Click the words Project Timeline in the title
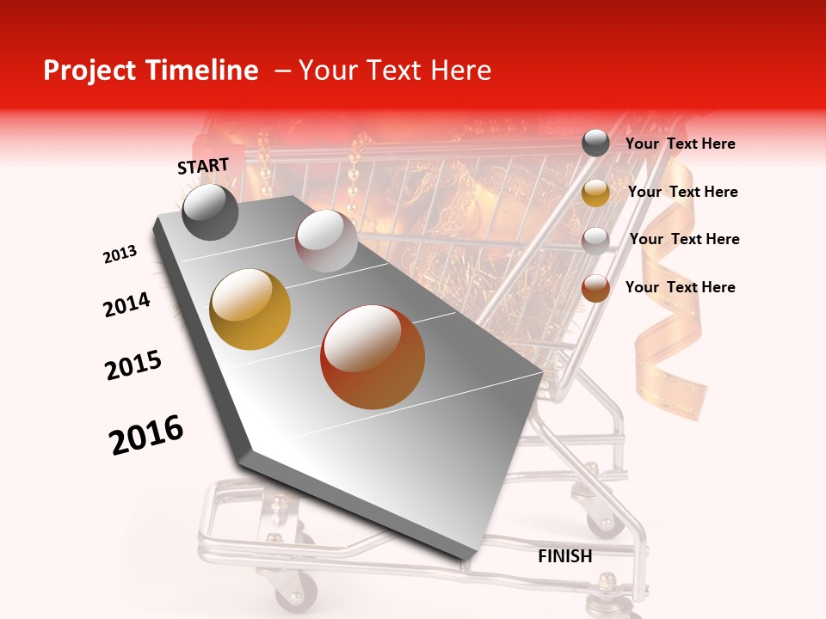[x=151, y=70]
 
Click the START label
[x=203, y=167]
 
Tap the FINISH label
[x=564, y=556]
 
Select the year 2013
[x=120, y=255]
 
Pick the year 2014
[x=126, y=305]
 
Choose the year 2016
[x=146, y=435]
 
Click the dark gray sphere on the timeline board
[x=210, y=211]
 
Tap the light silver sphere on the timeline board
[x=325, y=241]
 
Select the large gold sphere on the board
[x=250, y=309]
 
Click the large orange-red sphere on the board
[x=373, y=357]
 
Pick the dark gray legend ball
[x=595, y=144]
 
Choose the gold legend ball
[x=595, y=192]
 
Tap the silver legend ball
[x=595, y=240]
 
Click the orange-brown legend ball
[x=595, y=288]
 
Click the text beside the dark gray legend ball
[x=680, y=144]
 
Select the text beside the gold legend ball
[x=682, y=192]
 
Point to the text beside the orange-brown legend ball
[x=680, y=287]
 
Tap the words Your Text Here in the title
[x=394, y=70]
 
